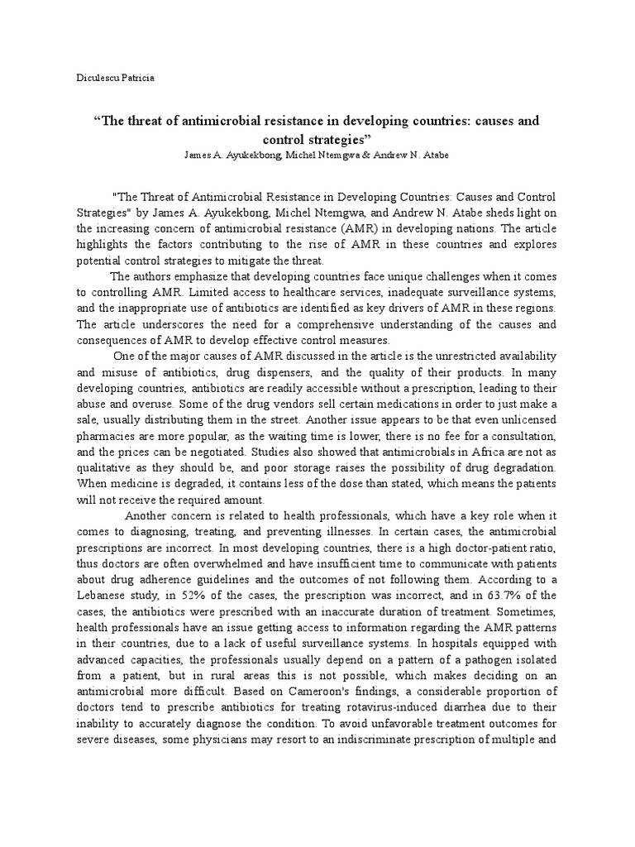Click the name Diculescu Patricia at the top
[x=115, y=78]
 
